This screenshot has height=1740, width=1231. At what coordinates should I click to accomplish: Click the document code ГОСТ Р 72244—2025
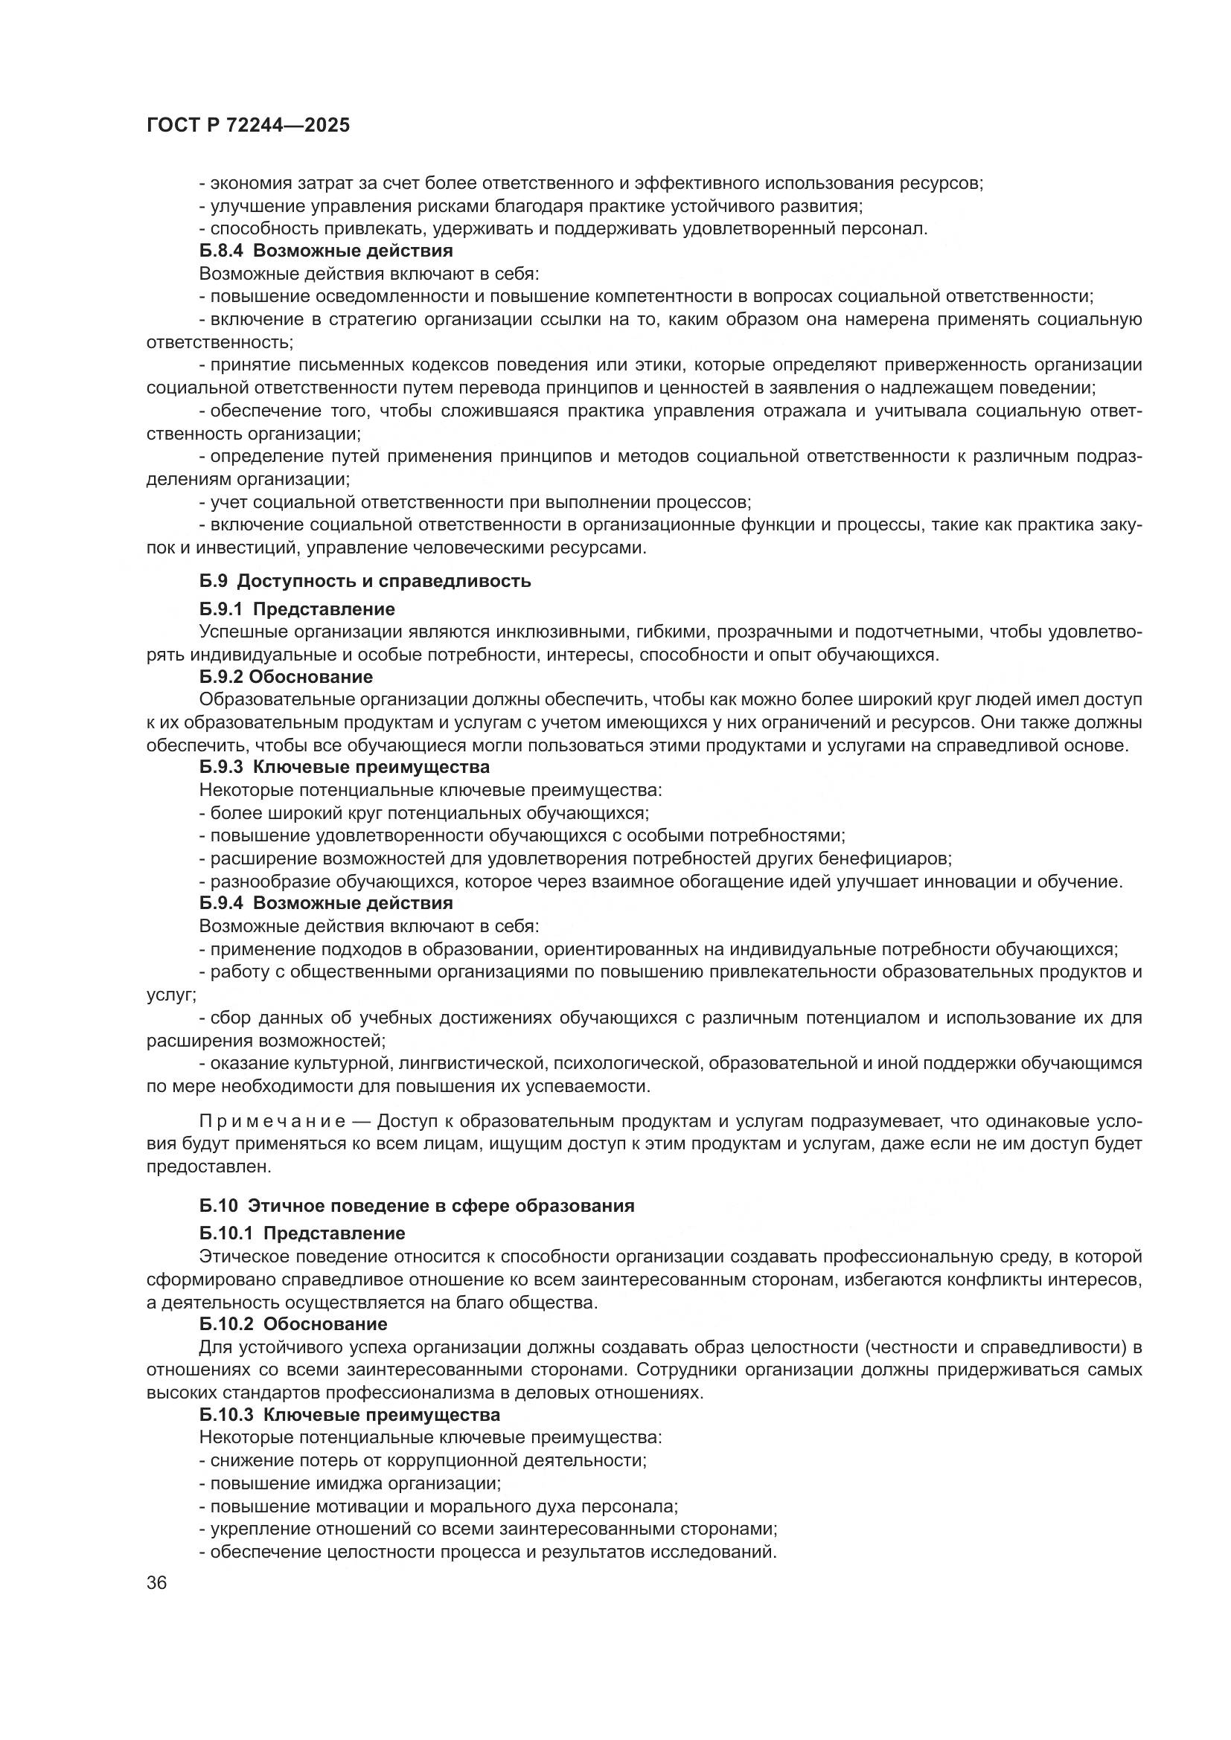(x=248, y=126)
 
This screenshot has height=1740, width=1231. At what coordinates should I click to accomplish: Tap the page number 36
(x=157, y=1583)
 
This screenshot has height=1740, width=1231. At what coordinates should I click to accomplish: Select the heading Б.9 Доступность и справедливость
(x=365, y=581)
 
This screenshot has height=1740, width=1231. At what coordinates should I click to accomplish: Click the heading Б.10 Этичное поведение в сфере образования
(x=417, y=1205)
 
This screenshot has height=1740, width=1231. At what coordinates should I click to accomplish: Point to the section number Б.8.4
(x=220, y=251)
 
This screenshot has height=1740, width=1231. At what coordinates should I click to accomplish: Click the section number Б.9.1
(x=220, y=609)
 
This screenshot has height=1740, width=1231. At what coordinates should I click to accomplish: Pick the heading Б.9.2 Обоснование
(x=286, y=676)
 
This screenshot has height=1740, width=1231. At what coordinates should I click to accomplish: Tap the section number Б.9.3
(x=220, y=767)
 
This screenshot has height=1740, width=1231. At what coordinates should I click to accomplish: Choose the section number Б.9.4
(x=220, y=903)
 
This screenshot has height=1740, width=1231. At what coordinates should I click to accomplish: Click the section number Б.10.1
(x=226, y=1233)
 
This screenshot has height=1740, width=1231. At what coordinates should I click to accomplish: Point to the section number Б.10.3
(x=226, y=1415)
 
